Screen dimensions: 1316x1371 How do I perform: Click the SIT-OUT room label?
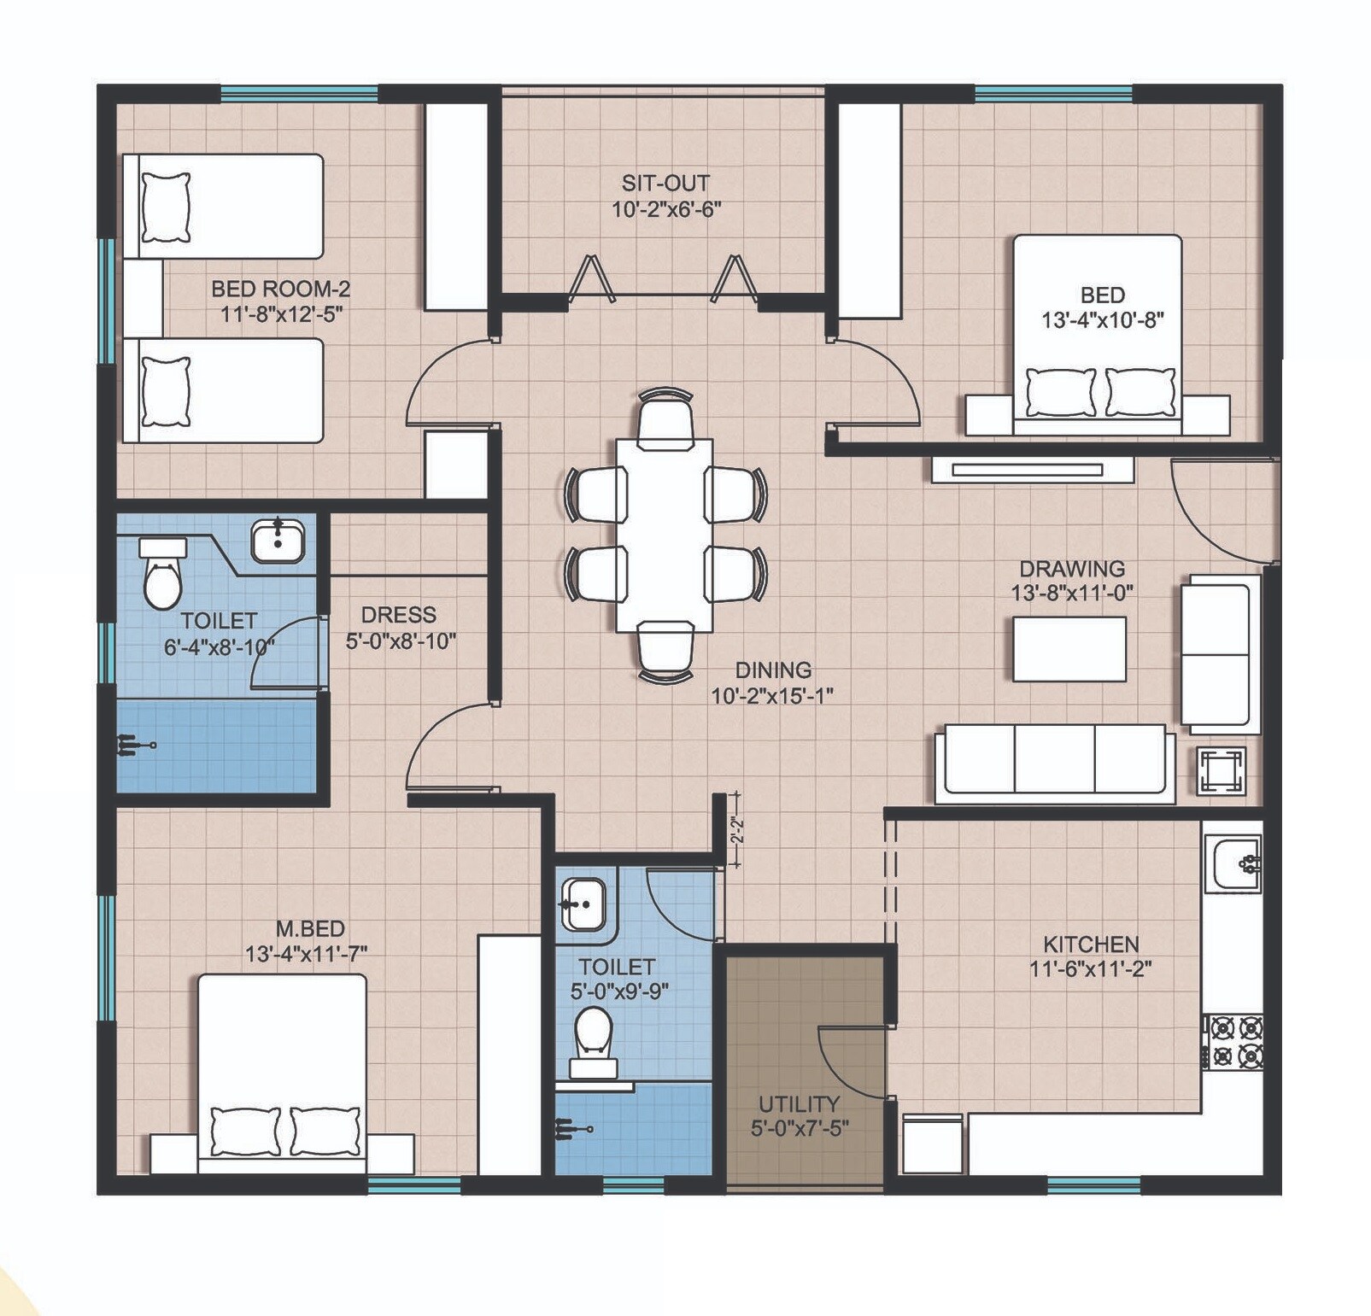(x=665, y=183)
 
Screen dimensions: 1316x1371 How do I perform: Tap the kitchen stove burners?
(x=1235, y=1041)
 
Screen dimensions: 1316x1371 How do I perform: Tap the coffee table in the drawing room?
(x=1069, y=649)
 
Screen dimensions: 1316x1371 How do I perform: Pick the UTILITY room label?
(x=799, y=1103)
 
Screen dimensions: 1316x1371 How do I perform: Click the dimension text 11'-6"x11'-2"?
(x=1091, y=969)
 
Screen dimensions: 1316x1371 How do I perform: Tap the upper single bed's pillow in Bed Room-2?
(x=166, y=208)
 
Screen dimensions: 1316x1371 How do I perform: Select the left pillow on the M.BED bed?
(x=245, y=1131)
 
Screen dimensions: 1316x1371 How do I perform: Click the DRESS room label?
(x=398, y=615)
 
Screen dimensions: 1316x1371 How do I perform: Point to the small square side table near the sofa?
(x=1222, y=771)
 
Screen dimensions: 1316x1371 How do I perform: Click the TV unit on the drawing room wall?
(x=1032, y=469)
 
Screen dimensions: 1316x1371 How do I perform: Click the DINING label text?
(x=773, y=670)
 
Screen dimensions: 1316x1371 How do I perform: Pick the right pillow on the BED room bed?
(x=1140, y=392)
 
